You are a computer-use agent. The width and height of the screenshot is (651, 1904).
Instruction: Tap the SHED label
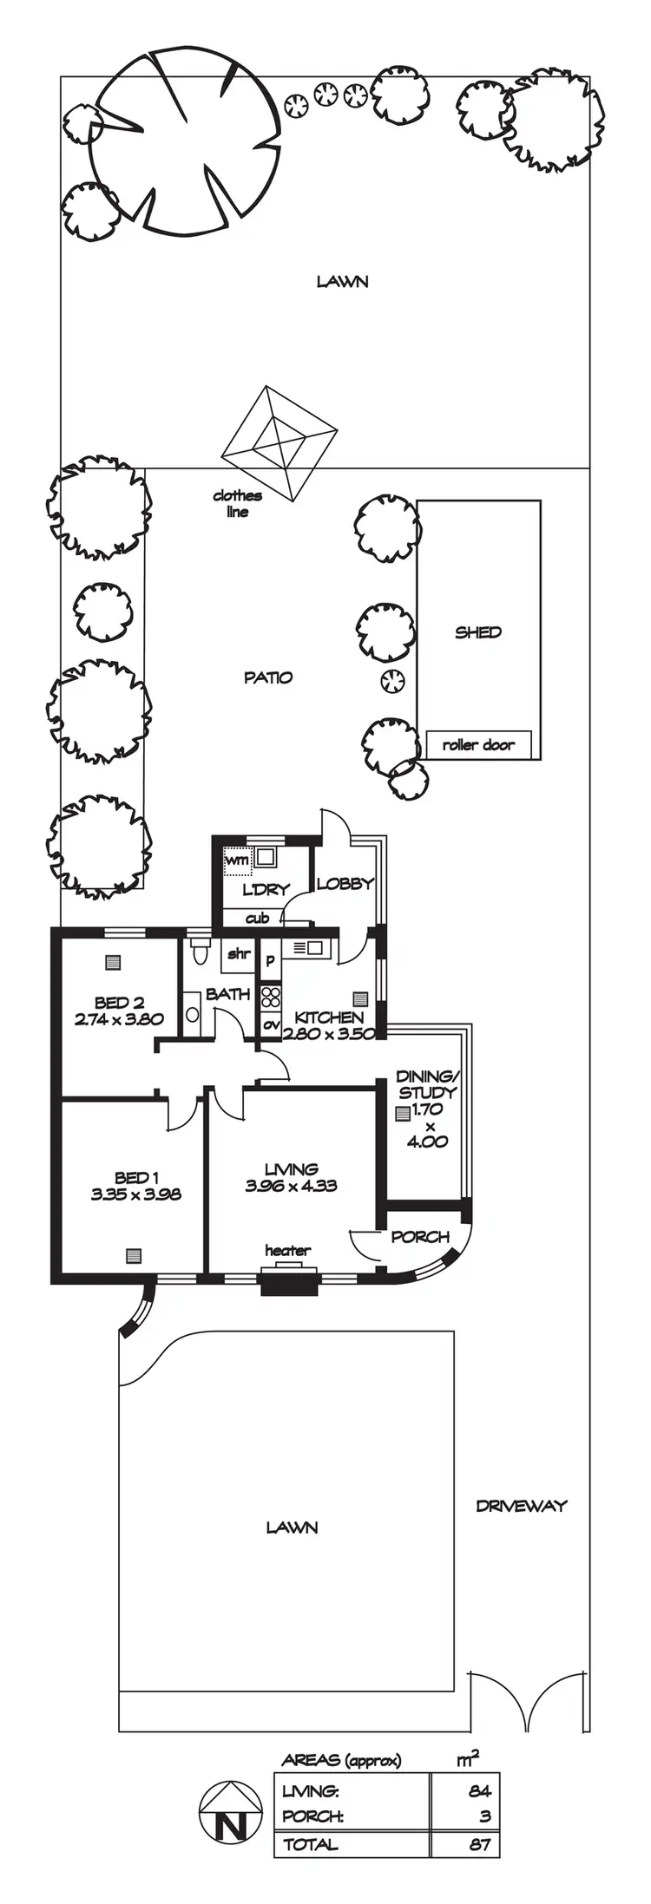click(x=478, y=632)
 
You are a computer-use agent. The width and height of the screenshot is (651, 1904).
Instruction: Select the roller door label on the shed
click(x=478, y=744)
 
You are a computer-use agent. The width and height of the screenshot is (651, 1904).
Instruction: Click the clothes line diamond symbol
click(x=279, y=444)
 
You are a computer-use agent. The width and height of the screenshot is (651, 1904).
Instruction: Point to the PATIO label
click(x=268, y=677)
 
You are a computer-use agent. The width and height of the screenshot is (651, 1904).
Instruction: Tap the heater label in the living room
click(x=287, y=1250)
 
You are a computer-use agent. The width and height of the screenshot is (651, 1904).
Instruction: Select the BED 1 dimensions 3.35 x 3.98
click(x=135, y=1194)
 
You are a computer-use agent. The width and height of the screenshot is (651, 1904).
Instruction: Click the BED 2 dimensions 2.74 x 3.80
click(x=119, y=1019)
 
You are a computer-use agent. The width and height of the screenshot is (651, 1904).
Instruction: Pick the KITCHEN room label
click(x=329, y=1017)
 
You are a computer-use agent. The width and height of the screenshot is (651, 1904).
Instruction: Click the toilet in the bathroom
click(x=201, y=952)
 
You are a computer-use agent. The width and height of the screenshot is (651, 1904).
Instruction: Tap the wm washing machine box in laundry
click(x=237, y=860)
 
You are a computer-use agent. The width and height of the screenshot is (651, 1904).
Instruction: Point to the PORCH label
click(x=420, y=1236)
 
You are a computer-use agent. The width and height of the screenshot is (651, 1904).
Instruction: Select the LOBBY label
click(x=345, y=884)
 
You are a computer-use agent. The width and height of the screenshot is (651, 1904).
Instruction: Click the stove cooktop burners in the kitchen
click(x=271, y=997)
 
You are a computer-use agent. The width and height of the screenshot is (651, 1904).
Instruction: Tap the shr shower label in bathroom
click(x=239, y=954)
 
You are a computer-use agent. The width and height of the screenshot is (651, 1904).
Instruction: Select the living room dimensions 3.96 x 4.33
click(x=291, y=1186)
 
